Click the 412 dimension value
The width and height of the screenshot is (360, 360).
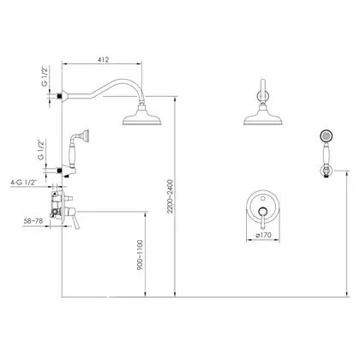point(103,60)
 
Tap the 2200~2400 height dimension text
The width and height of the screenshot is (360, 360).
point(171,196)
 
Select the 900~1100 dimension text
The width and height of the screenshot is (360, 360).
point(140,255)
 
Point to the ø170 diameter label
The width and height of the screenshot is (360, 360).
point(264,235)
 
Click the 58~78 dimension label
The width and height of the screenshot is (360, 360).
point(33,221)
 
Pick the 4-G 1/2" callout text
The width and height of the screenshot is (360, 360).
point(24,183)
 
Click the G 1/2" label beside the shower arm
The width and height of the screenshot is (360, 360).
point(45,76)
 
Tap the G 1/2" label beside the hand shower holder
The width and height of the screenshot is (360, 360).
point(41,150)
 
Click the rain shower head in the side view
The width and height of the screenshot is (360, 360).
point(142,117)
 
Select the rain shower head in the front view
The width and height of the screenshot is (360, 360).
point(263,117)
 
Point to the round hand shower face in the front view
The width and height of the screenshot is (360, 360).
point(326,136)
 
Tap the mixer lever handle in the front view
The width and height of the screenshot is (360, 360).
point(262,219)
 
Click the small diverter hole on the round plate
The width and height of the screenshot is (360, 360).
point(263,197)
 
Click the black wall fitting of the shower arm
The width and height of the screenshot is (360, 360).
point(59,96)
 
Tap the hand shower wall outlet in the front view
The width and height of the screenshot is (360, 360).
point(326,171)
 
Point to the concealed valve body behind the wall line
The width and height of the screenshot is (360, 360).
point(57,205)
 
